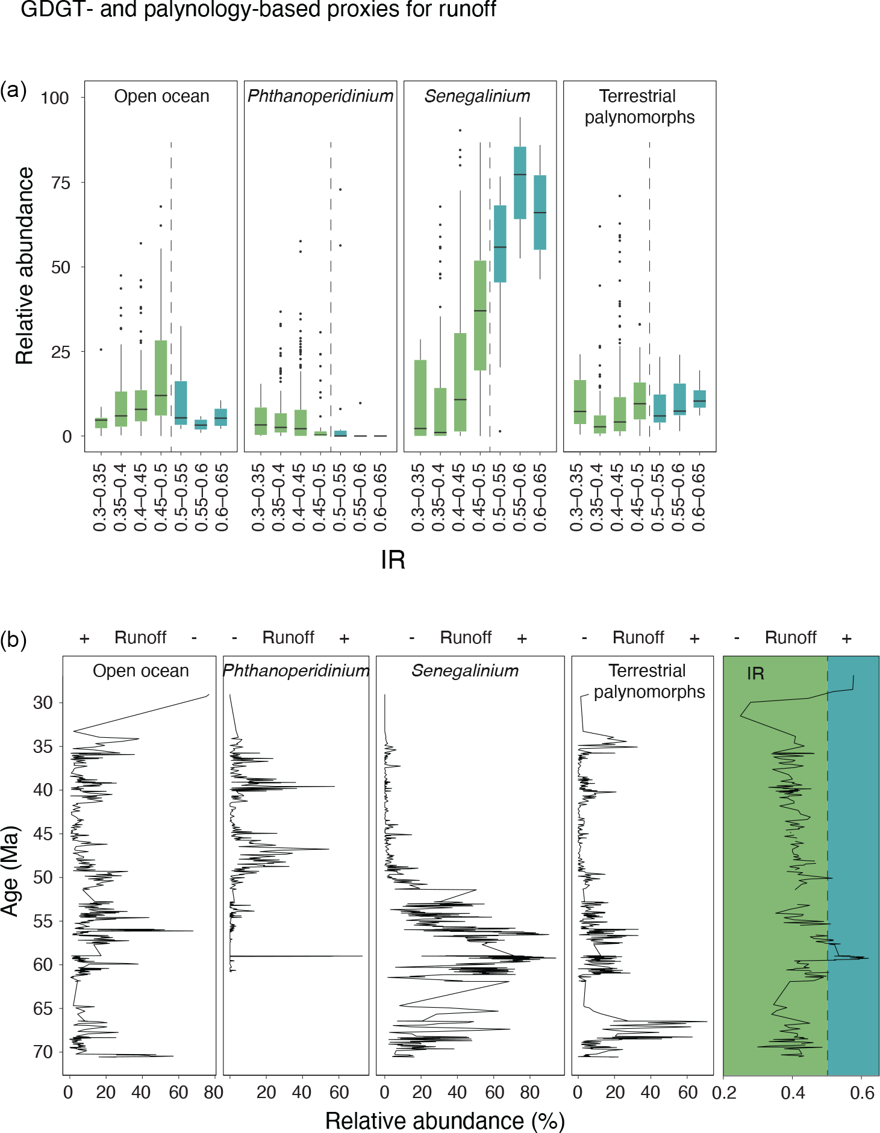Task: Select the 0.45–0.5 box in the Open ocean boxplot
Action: point(161,378)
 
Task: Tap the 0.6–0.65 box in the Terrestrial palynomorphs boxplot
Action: point(699,399)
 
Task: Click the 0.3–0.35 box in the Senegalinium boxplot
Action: point(420,398)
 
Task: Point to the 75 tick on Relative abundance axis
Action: point(60,183)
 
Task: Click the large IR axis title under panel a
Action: point(393,560)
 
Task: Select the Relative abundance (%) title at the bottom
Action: point(445,1121)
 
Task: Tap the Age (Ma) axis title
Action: point(11,871)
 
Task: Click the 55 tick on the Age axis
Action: point(43,921)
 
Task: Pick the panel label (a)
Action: point(13,90)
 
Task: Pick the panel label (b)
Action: point(13,640)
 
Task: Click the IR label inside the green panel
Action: point(755,673)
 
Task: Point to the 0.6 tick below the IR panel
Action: point(861,1093)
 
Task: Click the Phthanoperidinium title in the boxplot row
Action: point(320,96)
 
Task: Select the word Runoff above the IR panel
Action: point(790,637)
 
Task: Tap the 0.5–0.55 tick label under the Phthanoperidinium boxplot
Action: point(340,498)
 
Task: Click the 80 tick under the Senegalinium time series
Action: point(530,1093)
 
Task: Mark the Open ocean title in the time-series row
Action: point(140,671)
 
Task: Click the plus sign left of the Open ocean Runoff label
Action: point(84,638)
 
